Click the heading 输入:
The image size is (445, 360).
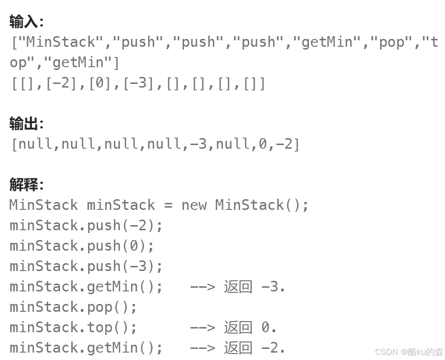[x=26, y=21]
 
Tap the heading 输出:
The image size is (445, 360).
[x=26, y=124]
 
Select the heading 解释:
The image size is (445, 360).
[x=26, y=185]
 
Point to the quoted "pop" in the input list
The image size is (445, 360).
[x=392, y=42]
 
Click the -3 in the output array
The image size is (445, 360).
[x=198, y=144]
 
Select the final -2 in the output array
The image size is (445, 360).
[x=284, y=144]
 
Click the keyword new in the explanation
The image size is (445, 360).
[x=194, y=205]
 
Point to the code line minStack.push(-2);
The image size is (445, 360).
[x=86, y=226]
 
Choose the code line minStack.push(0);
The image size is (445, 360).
[x=82, y=246]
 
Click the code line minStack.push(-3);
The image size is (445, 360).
[x=86, y=266]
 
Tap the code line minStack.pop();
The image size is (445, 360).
[x=73, y=307]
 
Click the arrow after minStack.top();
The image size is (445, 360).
[x=202, y=328]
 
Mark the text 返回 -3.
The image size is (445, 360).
[x=254, y=287]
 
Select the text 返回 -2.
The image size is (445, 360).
[x=254, y=348]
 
